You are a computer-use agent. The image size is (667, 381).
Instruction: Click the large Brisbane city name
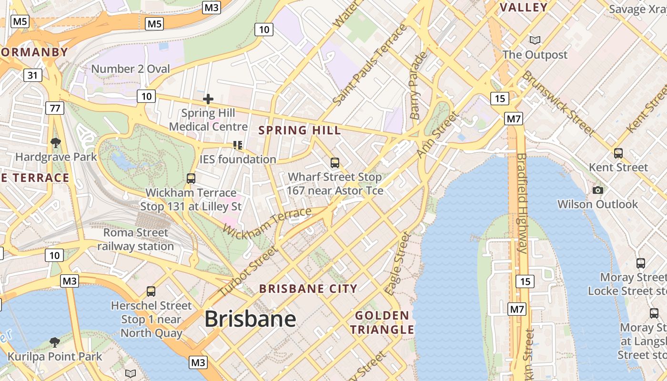click(250, 319)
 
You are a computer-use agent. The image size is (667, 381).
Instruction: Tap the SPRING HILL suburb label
click(300, 130)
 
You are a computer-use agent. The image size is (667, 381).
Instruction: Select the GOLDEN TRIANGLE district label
click(382, 322)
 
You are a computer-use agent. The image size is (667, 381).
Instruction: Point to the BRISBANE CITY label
click(308, 289)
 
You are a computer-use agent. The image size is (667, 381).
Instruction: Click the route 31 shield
click(32, 75)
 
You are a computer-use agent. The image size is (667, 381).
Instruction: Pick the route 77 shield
click(55, 108)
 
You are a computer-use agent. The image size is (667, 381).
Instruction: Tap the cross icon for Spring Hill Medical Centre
click(208, 99)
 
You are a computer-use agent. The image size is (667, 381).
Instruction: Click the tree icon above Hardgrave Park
click(56, 142)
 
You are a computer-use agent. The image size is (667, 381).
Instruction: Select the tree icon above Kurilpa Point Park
click(55, 342)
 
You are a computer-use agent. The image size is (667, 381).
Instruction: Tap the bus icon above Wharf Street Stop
click(335, 163)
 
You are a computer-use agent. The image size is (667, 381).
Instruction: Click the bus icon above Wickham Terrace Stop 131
click(191, 179)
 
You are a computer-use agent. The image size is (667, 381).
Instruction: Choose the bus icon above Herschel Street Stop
click(151, 291)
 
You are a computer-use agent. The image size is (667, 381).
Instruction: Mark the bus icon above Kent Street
click(618, 153)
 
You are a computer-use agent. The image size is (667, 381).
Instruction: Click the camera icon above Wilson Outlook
click(598, 190)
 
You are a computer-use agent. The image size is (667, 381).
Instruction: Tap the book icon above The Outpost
click(535, 40)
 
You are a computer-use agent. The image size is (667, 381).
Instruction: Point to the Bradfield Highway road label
click(522, 203)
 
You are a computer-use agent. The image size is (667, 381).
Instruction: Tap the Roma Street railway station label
click(136, 240)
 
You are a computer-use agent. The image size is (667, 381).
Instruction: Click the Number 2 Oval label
click(131, 69)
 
